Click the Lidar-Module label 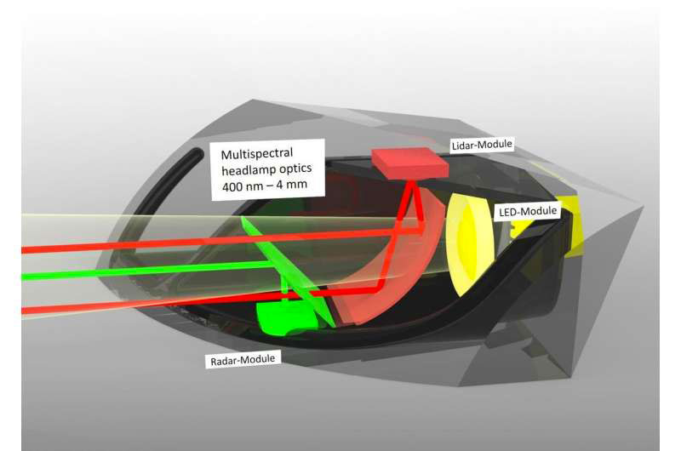[x=482, y=145]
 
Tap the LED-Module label [x=528, y=212]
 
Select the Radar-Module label [x=243, y=360]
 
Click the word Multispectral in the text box [x=257, y=154]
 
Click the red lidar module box [x=409, y=163]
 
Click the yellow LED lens [x=469, y=244]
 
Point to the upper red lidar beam [x=209, y=242]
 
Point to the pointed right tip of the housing [x=642, y=207]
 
